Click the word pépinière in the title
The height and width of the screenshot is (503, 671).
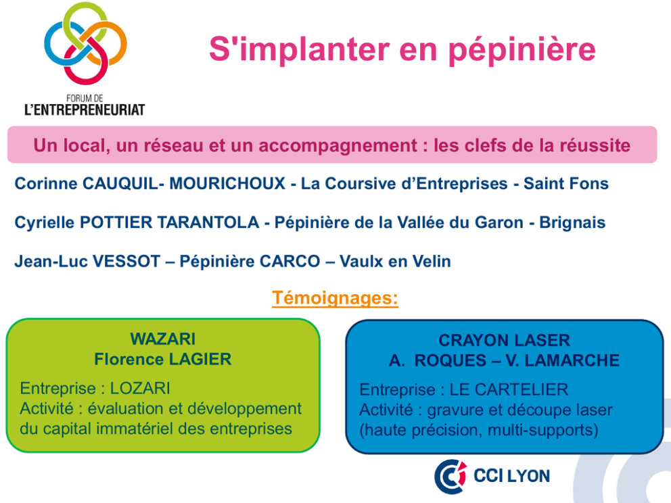522,50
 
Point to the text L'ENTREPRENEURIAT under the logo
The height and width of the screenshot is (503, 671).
85,110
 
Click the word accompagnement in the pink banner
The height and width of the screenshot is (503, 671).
338,146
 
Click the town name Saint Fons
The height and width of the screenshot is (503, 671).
565,184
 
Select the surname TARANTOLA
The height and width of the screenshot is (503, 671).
208,223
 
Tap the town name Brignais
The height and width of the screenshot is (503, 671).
572,223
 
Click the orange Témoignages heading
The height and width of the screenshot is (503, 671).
335,298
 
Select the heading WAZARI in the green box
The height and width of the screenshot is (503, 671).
163,339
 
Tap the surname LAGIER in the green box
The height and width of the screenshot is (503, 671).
199,359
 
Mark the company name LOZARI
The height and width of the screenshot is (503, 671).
140,388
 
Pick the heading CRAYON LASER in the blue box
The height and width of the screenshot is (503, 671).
504,341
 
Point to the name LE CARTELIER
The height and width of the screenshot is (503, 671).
509,389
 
